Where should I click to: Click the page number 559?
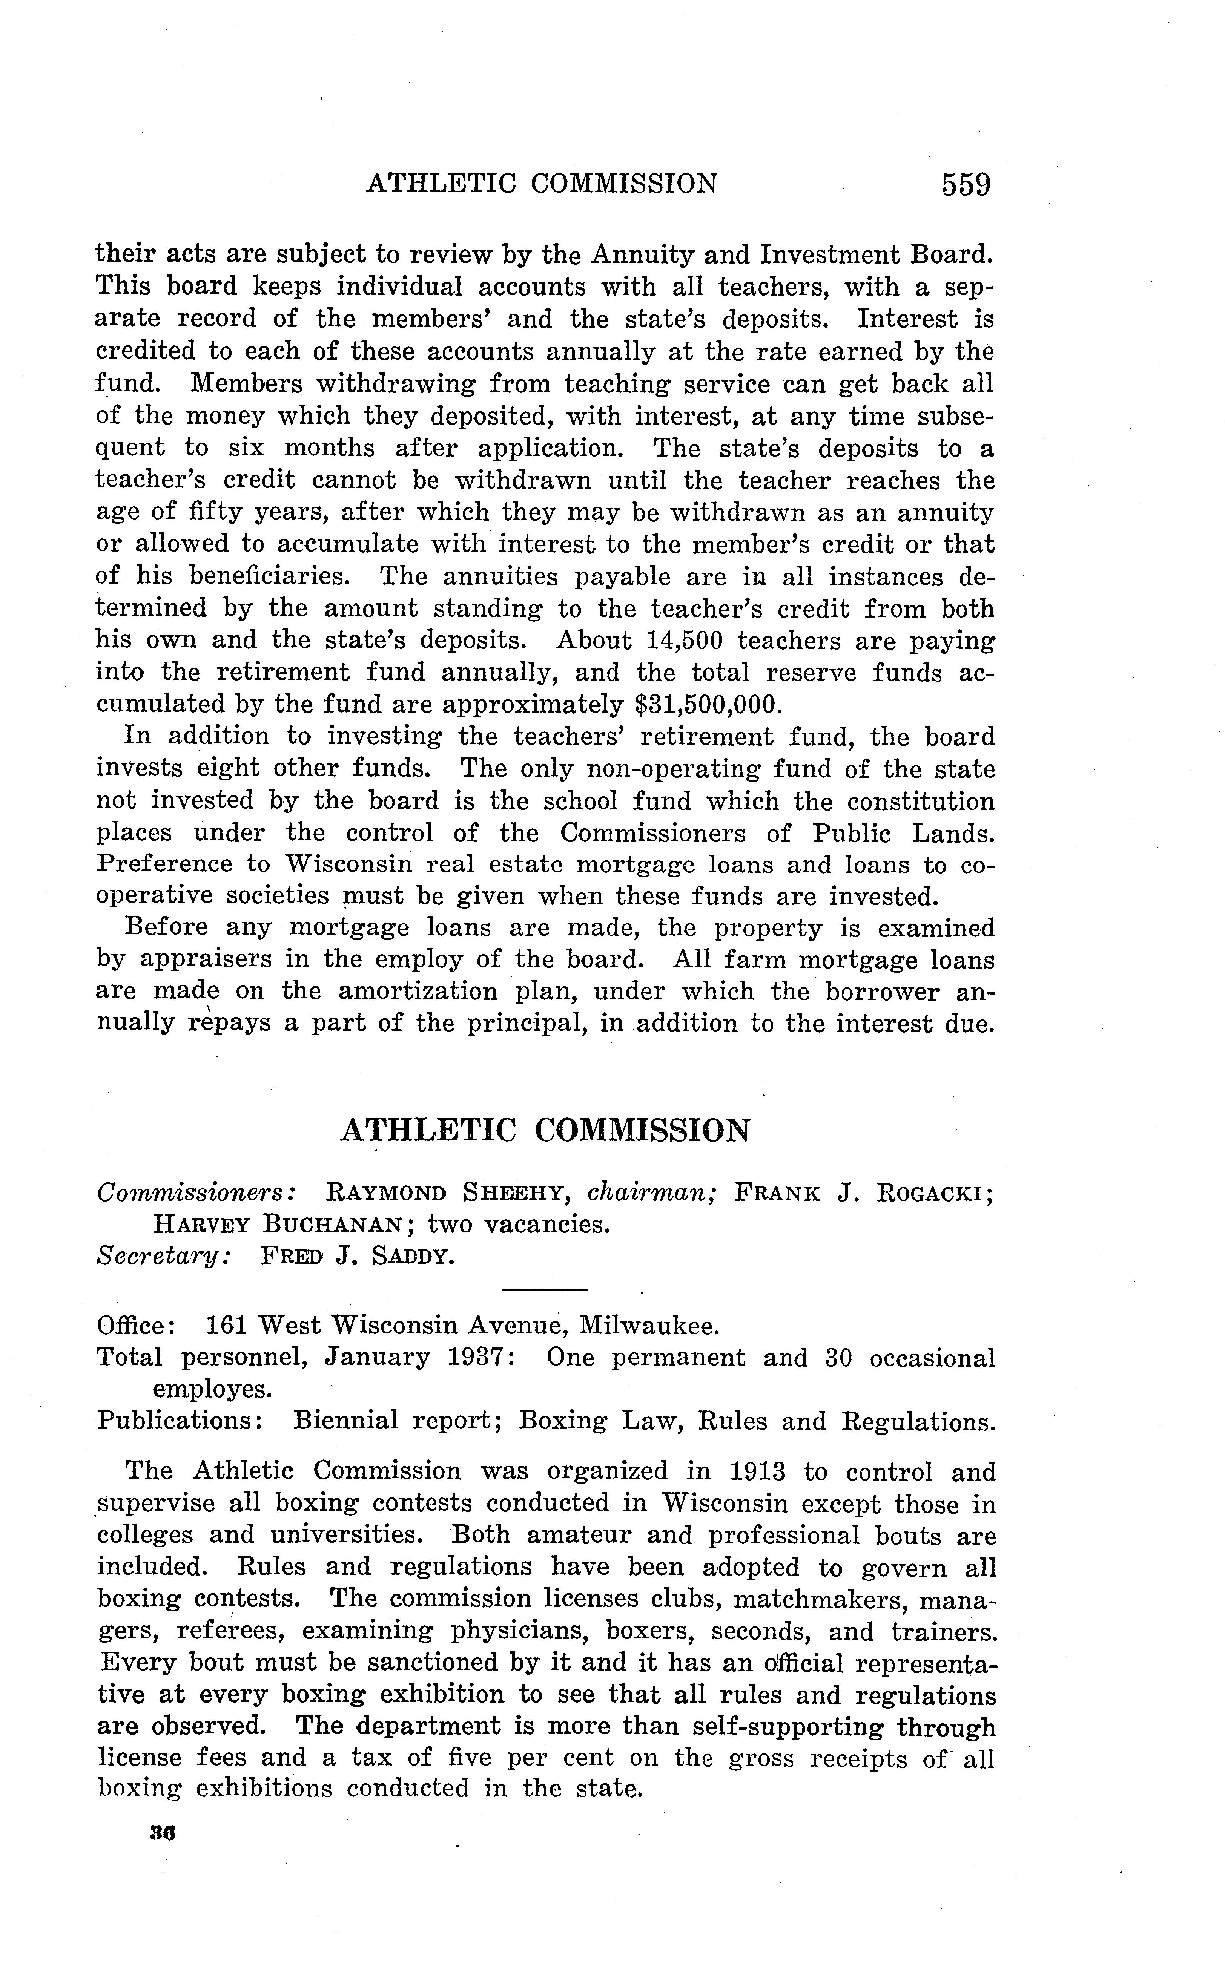(x=966, y=185)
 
